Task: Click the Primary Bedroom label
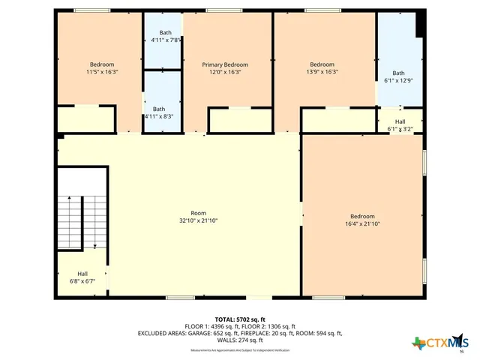[x=225, y=64]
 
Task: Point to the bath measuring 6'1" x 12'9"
[x=399, y=76]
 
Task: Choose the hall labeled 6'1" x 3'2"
[x=400, y=125]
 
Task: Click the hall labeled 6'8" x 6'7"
[x=82, y=277]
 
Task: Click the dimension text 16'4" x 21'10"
[x=362, y=223]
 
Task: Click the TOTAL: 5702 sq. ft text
[x=240, y=319]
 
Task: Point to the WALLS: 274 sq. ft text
[x=240, y=340]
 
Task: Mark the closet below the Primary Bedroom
[x=229, y=120]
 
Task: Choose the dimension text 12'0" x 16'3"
[x=225, y=72]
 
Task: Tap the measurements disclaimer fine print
[x=240, y=349]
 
